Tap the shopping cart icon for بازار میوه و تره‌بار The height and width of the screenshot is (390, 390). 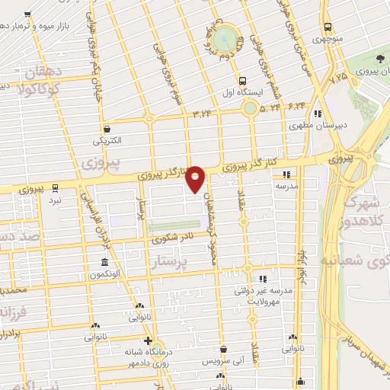point(27,14)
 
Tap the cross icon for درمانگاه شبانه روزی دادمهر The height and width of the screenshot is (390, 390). point(149,340)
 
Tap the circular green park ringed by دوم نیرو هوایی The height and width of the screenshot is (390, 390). point(225,37)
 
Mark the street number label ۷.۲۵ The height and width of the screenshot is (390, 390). point(337,76)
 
